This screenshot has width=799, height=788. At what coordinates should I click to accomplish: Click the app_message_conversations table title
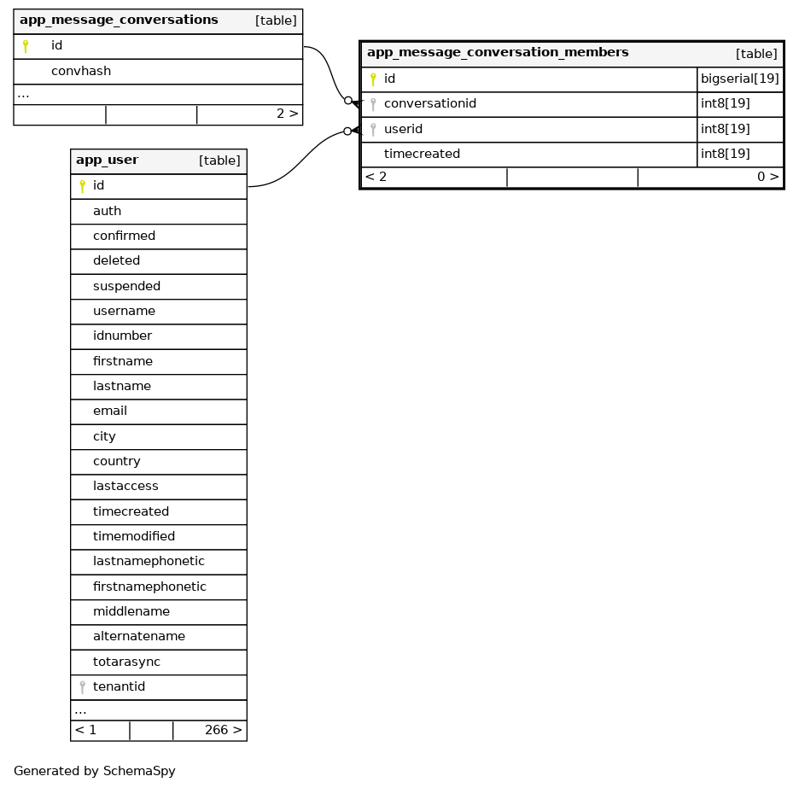(x=119, y=20)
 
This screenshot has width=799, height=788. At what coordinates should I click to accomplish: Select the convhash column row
(x=81, y=71)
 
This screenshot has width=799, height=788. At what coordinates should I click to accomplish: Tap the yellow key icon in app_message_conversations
(x=26, y=46)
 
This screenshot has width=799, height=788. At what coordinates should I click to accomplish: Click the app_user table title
(x=107, y=161)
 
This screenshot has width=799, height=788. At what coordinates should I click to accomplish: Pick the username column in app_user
(x=124, y=311)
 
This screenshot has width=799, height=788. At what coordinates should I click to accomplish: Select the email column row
(x=110, y=411)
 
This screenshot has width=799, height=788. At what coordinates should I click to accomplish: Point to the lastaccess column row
(x=125, y=486)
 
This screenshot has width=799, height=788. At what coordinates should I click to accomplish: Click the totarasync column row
(x=126, y=662)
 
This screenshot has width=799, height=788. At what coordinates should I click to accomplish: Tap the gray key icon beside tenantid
(x=82, y=686)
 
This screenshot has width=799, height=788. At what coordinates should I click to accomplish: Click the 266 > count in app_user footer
(x=223, y=730)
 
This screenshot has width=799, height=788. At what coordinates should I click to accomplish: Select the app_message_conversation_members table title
(x=498, y=53)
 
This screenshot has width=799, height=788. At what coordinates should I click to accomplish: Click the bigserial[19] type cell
(x=739, y=79)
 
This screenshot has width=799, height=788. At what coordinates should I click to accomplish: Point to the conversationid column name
(x=429, y=104)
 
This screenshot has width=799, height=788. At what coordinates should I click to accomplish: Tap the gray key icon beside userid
(x=373, y=130)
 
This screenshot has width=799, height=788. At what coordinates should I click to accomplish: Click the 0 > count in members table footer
(x=767, y=178)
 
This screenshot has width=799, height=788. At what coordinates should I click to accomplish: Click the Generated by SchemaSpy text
(x=95, y=771)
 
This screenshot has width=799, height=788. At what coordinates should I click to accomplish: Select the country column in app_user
(x=117, y=461)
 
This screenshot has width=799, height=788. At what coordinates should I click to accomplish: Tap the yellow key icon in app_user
(x=82, y=186)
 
